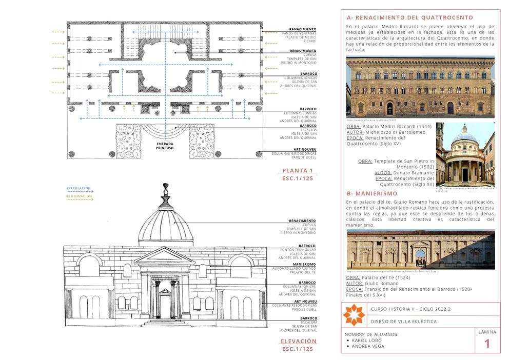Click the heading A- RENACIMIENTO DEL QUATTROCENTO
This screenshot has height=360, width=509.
click(x=410, y=18)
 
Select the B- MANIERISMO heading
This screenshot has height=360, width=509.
click(x=372, y=194)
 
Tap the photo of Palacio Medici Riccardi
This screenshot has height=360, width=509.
click(x=420, y=87)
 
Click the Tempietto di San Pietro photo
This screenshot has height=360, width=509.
click(x=465, y=154)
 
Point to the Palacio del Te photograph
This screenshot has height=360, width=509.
click(x=421, y=249)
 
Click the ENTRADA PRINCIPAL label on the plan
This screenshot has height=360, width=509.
click(x=165, y=146)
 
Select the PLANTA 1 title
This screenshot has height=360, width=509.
click(x=298, y=171)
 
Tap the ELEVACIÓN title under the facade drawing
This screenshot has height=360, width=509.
click(x=298, y=341)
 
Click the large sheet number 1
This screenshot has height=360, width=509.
click(x=487, y=343)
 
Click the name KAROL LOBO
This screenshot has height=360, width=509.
click(x=367, y=340)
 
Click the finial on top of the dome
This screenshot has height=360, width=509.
click(x=166, y=192)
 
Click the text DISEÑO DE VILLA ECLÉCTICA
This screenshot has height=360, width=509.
click(x=404, y=322)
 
